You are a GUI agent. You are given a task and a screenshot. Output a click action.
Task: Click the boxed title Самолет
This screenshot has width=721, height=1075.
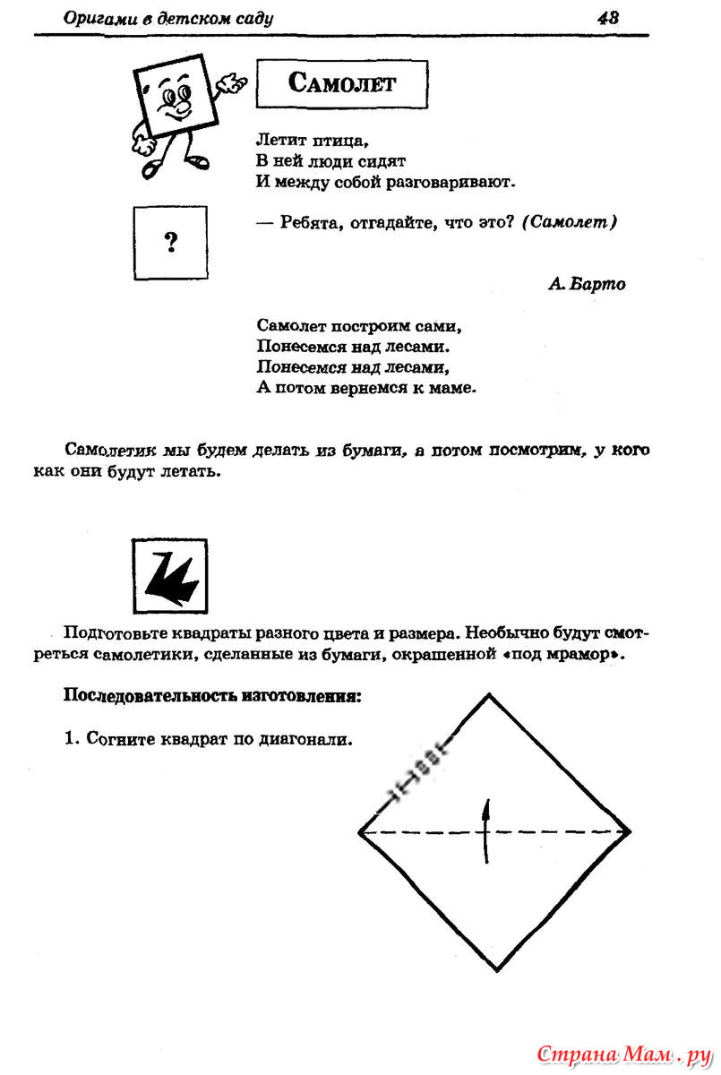click(341, 84)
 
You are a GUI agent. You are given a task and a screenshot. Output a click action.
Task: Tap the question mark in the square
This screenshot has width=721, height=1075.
click(170, 241)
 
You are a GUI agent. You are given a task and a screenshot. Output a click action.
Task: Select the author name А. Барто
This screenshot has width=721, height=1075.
click(586, 284)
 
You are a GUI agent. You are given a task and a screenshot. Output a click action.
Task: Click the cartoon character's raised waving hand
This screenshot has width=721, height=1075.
click(234, 83)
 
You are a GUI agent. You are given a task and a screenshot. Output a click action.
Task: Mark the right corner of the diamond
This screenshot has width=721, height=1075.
click(630, 831)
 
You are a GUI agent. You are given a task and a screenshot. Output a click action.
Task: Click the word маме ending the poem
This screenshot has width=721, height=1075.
click(451, 389)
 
